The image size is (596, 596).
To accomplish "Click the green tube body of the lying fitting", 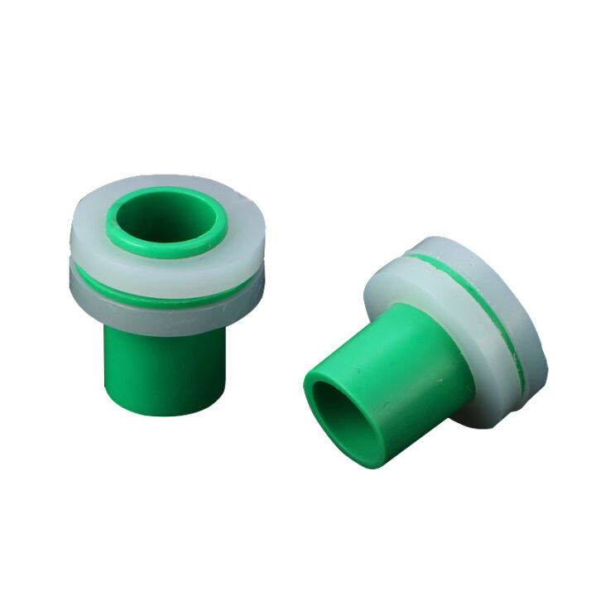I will [397, 372].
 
